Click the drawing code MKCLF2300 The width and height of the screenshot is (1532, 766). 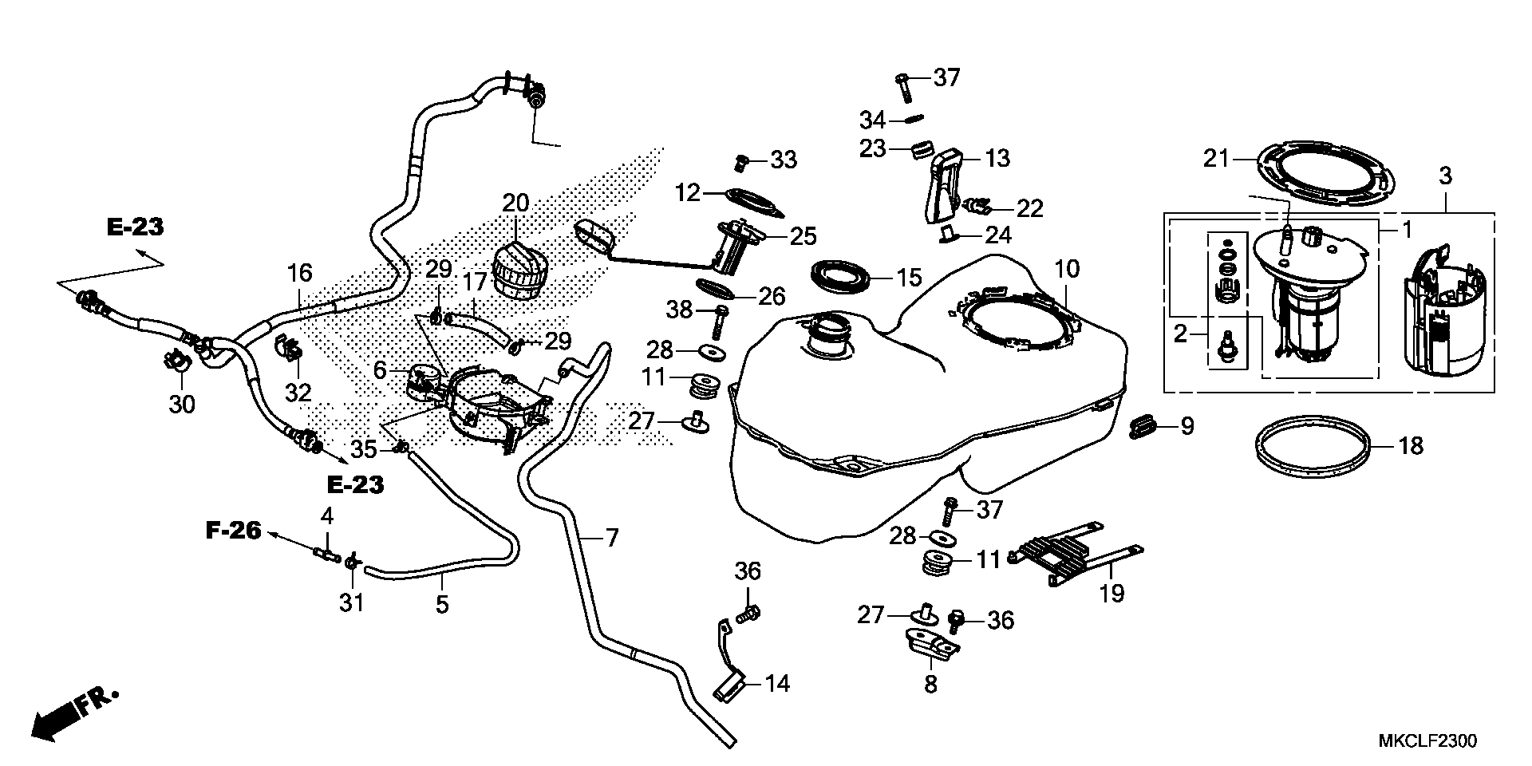click(1427, 742)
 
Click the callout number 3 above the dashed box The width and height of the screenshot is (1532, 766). click(1445, 175)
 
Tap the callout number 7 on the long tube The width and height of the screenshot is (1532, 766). click(611, 539)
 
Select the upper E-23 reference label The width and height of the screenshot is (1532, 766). click(135, 227)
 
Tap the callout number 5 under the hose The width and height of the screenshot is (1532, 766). click(441, 604)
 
